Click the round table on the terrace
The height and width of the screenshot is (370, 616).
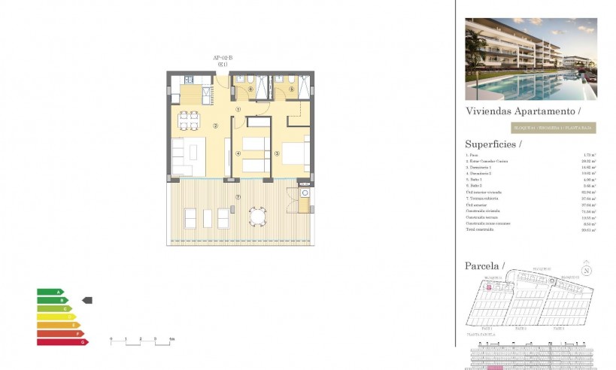click(x=258, y=217)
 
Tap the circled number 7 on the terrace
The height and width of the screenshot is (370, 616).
click(x=238, y=197)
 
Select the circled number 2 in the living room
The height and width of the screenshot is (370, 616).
click(x=215, y=126)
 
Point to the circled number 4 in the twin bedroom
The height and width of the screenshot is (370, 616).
click(x=238, y=153)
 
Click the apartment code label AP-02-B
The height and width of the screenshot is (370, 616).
click(x=223, y=58)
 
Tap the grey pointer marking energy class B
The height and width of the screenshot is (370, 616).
click(x=86, y=300)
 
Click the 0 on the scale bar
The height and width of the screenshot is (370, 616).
click(x=111, y=339)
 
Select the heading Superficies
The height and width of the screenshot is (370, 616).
click(x=493, y=144)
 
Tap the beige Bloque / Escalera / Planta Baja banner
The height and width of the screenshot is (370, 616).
click(x=553, y=128)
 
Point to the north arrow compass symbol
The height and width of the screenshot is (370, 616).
click(x=585, y=271)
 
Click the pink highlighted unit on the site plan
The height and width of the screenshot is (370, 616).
click(x=488, y=287)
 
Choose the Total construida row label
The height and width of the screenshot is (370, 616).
click(x=481, y=230)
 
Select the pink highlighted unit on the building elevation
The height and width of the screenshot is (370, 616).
click(x=494, y=367)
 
